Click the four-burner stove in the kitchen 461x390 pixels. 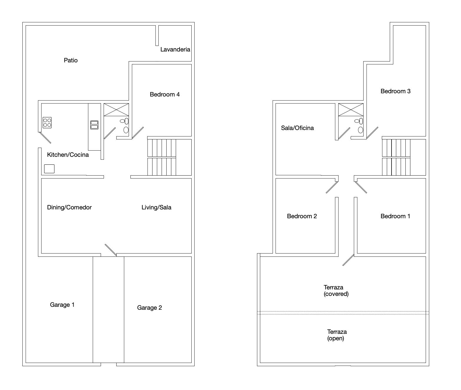[47, 123]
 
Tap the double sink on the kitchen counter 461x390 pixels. [94, 125]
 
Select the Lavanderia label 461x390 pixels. [175, 49]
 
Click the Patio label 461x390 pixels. [71, 60]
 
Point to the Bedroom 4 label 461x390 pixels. [165, 94]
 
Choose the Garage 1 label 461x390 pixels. [62, 305]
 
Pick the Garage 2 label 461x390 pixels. [150, 308]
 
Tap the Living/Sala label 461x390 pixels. [156, 207]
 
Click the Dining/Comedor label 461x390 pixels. [69, 207]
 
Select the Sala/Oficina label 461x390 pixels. [297, 128]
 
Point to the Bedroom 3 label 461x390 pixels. [395, 91]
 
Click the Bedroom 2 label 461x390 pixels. [302, 216]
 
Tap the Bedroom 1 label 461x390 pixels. [395, 216]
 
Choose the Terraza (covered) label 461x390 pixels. [336, 291]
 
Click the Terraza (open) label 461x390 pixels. [337, 335]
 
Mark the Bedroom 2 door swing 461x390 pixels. [332, 187]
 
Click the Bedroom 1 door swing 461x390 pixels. [361, 187]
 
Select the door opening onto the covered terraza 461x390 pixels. [348, 260]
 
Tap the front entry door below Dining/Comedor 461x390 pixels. [111, 250]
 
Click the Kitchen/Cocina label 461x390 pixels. [68, 155]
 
